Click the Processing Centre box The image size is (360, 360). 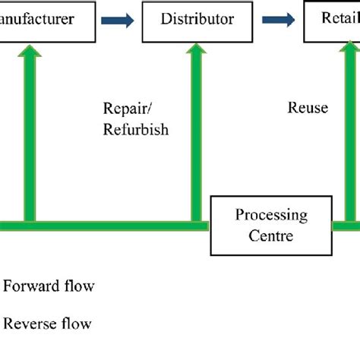pyautogui.click(x=271, y=226)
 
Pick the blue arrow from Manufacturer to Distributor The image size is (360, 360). pyautogui.click(x=119, y=21)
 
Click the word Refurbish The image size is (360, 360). pyautogui.click(x=135, y=130)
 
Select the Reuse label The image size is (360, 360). pyautogui.click(x=308, y=108)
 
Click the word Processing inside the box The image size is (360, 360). pyautogui.click(x=271, y=215)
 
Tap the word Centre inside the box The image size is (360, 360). pyautogui.click(x=271, y=235)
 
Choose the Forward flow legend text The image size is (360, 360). pyautogui.click(x=49, y=286)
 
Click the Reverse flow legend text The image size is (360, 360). pyautogui.click(x=48, y=324)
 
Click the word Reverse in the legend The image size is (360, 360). pyautogui.click(x=27, y=324)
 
